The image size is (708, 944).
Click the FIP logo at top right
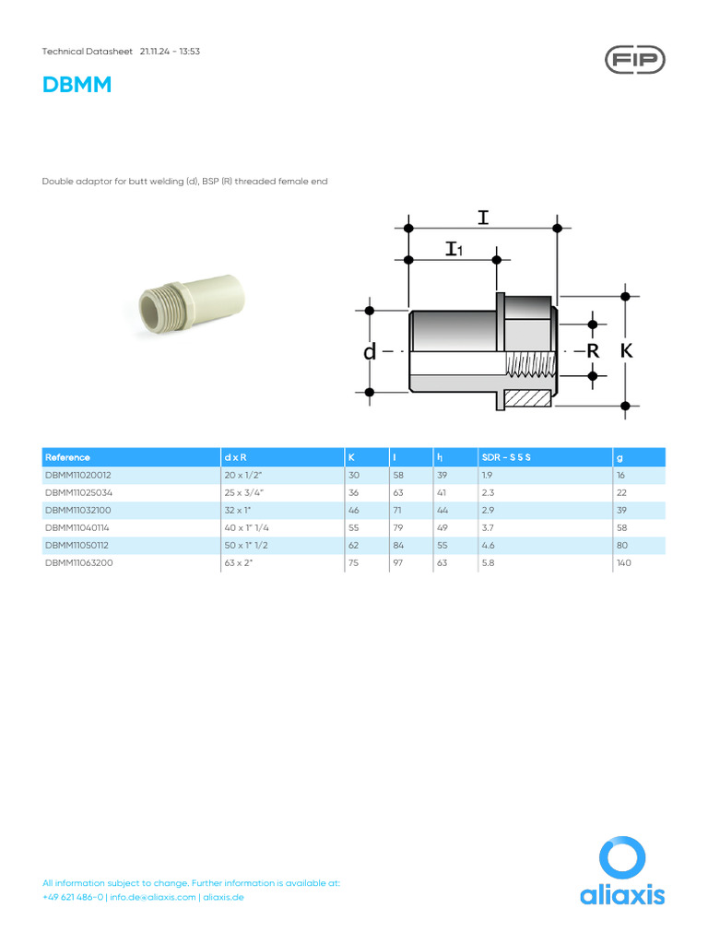pyautogui.click(x=634, y=60)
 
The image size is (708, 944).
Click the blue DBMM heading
pyautogui.click(x=77, y=86)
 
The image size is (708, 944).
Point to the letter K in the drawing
pyautogui.click(x=627, y=351)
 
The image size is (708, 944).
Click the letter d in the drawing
pyautogui.click(x=370, y=352)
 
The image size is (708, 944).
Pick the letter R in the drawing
pyautogui.click(x=593, y=351)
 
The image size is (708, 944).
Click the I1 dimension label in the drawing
pyautogui.click(x=454, y=249)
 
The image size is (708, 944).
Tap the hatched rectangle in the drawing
pyautogui.click(x=528, y=399)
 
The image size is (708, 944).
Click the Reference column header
pyautogui.click(x=67, y=457)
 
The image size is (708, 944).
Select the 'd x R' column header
pyautogui.click(x=235, y=457)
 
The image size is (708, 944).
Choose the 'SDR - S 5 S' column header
pyautogui.click(x=506, y=457)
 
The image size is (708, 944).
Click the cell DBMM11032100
pyautogui.click(x=77, y=510)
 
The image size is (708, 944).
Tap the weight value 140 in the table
pyautogui.click(x=624, y=562)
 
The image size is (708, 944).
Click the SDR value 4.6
pyautogui.click(x=488, y=545)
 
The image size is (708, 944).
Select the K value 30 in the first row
pyautogui.click(x=353, y=475)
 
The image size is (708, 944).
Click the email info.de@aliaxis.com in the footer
pyautogui.click(x=152, y=897)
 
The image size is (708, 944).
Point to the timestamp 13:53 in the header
pyautogui.click(x=189, y=52)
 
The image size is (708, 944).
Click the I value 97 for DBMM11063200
pyautogui.click(x=397, y=562)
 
